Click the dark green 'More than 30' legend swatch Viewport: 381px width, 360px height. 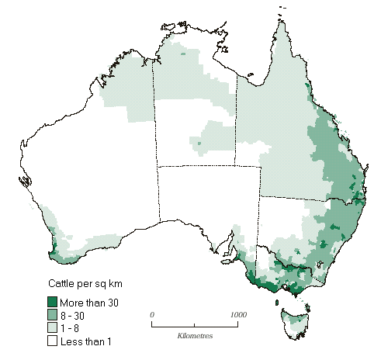tap(53, 301)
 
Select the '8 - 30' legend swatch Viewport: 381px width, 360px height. tap(53, 314)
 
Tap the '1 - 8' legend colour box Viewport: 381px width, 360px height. tap(53, 327)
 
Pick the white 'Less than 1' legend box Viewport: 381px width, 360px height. tap(53, 341)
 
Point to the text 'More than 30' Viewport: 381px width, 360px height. tap(89, 302)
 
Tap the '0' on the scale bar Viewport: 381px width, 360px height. tap(153, 314)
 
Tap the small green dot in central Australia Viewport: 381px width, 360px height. tap(200, 143)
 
